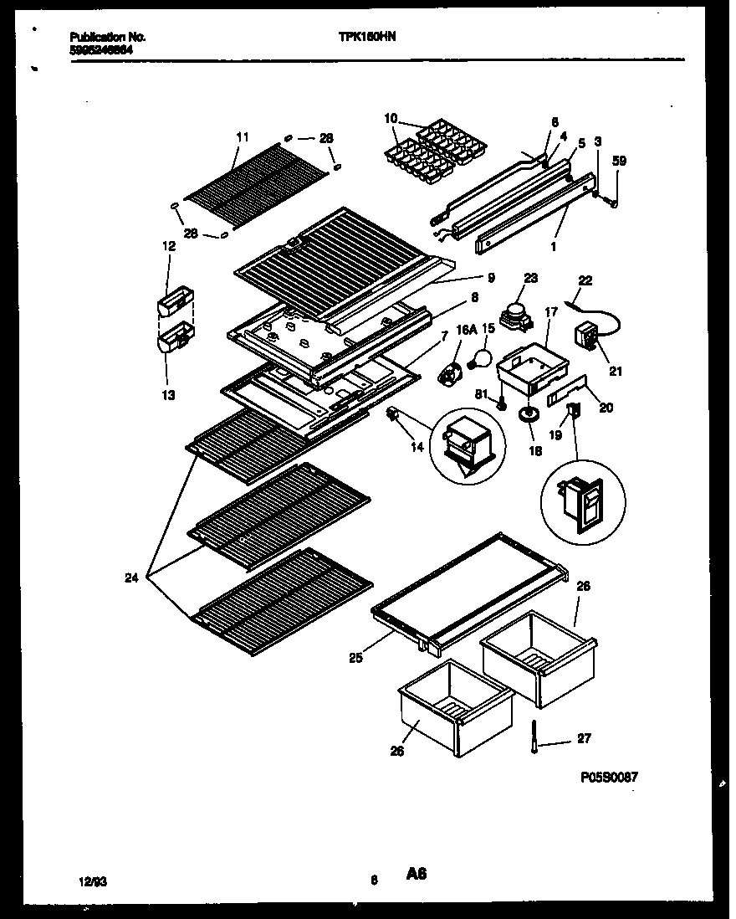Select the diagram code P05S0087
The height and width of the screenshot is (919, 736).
609,777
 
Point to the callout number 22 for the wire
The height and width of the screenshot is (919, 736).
585,280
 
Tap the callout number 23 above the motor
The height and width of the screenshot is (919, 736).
529,278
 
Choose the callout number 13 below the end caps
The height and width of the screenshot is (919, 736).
169,395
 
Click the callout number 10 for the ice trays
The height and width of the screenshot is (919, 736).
391,119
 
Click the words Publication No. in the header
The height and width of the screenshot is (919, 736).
107,38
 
